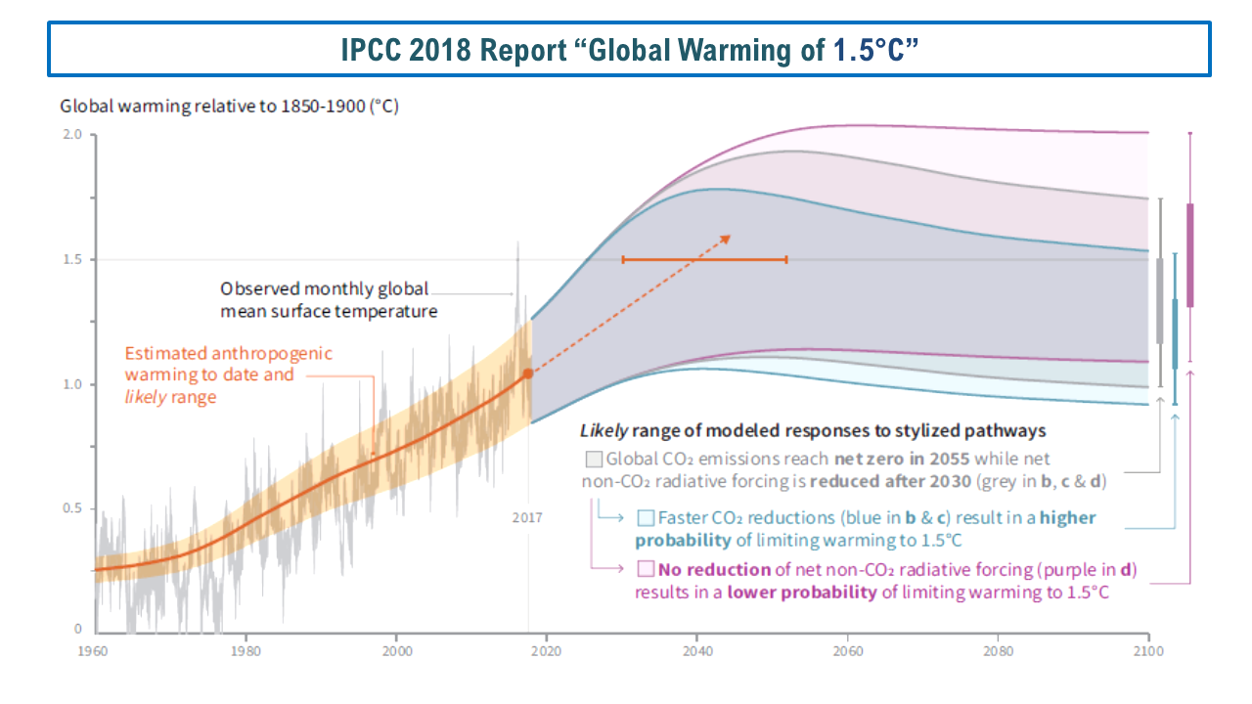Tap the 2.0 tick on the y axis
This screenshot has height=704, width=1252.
tap(71, 135)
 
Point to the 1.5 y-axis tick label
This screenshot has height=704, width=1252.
tap(71, 260)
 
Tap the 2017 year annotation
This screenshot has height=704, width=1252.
tap(527, 517)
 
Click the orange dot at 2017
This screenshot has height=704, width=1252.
tap(528, 374)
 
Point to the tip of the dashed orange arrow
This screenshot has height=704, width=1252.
tap(730, 236)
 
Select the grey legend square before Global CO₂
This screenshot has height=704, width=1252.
tap(593, 459)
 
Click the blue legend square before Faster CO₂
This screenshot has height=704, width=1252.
tap(646, 518)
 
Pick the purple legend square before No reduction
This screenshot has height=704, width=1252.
tap(646, 569)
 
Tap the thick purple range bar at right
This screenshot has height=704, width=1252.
tap(1190, 255)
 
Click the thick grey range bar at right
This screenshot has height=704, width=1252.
tap(1160, 300)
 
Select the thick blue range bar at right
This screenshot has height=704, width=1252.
tap(1175, 333)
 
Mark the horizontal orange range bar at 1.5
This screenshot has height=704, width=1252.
tap(704, 259)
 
